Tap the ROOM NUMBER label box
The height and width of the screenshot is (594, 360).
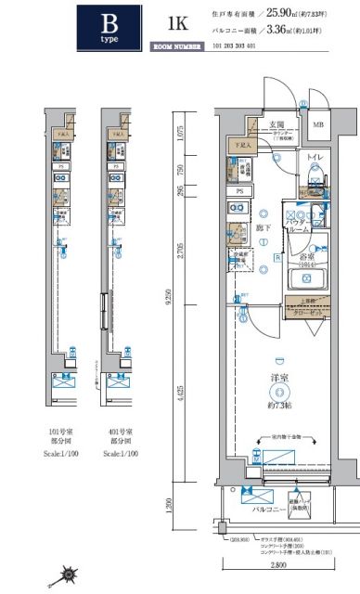(176, 43)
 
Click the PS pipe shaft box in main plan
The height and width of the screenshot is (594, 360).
(240, 191)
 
